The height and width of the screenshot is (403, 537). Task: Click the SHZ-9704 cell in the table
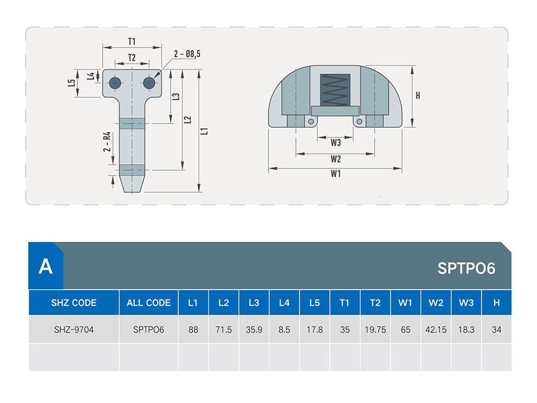click(73, 330)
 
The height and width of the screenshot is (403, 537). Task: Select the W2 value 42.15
click(436, 330)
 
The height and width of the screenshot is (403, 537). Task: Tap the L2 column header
click(224, 303)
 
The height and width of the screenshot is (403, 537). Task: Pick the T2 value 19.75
click(375, 330)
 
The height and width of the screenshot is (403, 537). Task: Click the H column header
click(496, 303)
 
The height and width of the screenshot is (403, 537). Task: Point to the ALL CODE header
click(149, 303)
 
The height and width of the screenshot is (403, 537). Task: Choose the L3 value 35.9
click(254, 330)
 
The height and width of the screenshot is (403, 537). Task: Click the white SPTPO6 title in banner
click(466, 268)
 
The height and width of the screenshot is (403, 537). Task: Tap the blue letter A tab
click(45, 266)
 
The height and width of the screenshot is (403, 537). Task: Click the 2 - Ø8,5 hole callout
click(187, 54)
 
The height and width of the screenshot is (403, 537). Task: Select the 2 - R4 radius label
click(107, 141)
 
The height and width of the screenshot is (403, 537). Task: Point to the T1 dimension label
click(132, 41)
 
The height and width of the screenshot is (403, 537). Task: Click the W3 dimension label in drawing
click(335, 143)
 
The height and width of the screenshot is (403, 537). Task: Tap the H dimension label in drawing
click(418, 96)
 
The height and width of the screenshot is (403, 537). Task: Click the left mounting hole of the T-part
click(115, 82)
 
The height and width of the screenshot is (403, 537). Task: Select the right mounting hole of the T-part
click(149, 82)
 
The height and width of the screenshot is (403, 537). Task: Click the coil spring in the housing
click(335, 90)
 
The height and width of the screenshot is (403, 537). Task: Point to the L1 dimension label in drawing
click(205, 131)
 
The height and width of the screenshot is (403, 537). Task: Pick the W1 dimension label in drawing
click(335, 174)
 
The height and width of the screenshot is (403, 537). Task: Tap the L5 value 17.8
click(314, 330)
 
